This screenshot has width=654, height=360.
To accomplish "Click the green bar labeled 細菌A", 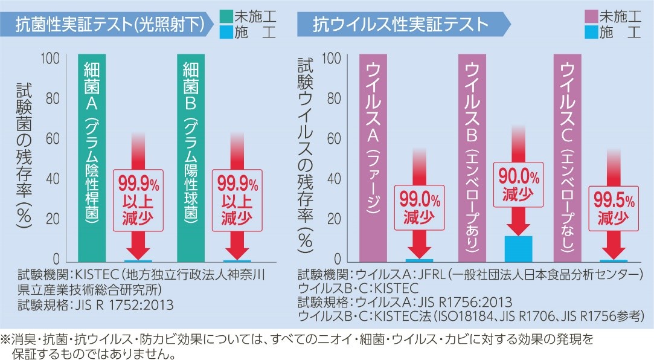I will tap(92, 157).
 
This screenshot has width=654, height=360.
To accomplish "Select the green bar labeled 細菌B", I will tap(191, 157).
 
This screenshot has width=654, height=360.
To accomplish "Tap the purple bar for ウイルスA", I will tap(373, 157).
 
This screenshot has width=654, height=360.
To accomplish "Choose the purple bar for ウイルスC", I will tap(568, 157).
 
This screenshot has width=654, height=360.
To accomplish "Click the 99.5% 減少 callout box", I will tap(614, 209).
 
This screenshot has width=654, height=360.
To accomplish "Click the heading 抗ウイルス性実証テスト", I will tap(401, 24).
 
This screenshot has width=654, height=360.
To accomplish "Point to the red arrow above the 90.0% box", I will tap(518, 145).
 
